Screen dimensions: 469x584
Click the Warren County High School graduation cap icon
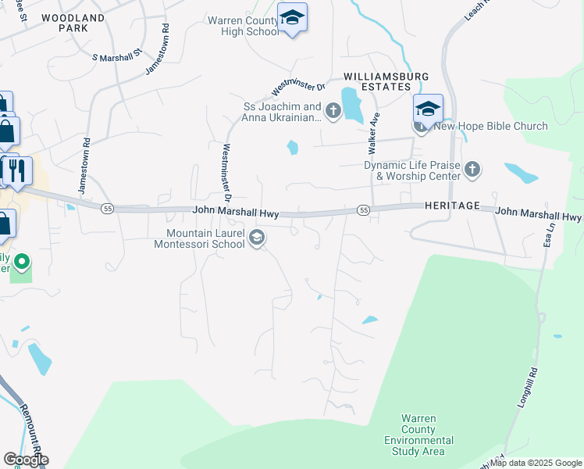point(292,17)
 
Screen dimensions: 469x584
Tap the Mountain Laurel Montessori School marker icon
point(256,238)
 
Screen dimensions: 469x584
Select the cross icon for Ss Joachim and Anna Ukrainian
point(333,111)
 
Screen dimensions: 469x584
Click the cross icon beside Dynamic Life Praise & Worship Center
point(472,169)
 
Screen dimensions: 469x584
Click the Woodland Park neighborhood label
point(73,22)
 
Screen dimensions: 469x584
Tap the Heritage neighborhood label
point(452,204)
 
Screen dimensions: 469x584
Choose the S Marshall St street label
point(117,55)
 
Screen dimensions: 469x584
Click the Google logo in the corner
point(26,460)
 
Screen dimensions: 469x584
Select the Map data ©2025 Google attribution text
point(536,463)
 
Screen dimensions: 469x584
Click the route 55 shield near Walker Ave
point(363,210)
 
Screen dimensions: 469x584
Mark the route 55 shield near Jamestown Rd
point(108,207)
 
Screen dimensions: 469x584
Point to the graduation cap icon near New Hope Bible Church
point(428,109)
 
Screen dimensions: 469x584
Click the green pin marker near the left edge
point(23,262)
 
